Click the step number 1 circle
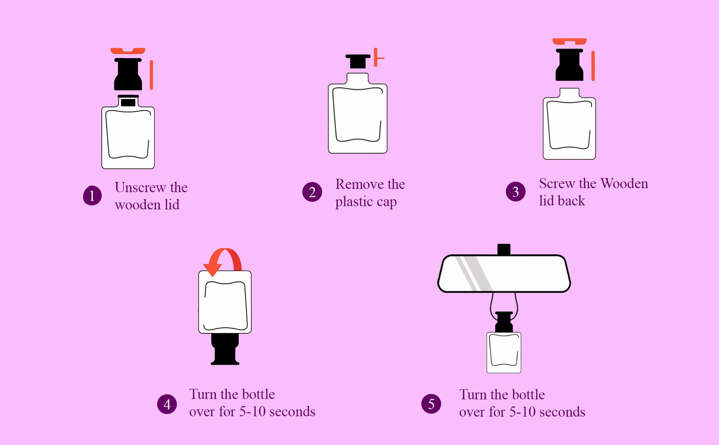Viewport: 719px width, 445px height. point(92,196)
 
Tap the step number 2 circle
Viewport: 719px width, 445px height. point(312,192)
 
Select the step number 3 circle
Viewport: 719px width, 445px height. point(515,191)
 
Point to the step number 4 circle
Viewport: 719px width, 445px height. point(167,404)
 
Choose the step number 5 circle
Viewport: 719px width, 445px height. point(431,404)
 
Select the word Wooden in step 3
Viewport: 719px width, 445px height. point(624,183)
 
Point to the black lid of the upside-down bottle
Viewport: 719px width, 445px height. point(225,349)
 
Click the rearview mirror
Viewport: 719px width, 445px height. point(504,274)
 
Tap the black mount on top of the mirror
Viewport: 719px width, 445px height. point(504,249)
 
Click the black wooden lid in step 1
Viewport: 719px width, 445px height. point(128,74)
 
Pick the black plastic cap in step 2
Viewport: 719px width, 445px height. point(358,61)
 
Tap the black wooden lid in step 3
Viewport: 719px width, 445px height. point(569,65)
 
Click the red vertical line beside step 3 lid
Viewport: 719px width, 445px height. point(593,66)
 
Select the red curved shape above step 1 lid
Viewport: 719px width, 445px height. point(128,51)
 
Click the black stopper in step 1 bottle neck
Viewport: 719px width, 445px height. point(128,102)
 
